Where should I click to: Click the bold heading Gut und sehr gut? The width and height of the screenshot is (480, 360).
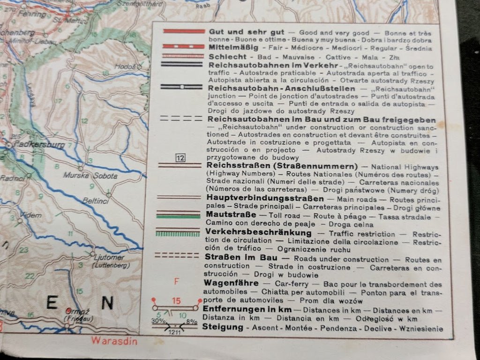point(240,32)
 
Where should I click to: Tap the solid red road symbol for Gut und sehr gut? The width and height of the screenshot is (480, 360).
point(183,31)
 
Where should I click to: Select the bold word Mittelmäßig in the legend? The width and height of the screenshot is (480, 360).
point(232,47)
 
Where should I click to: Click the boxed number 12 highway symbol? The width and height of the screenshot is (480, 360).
point(180,158)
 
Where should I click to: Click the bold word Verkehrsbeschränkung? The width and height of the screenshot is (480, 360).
point(258,233)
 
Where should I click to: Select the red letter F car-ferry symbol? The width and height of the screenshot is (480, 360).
point(177,282)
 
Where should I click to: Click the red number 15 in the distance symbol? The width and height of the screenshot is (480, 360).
point(176,301)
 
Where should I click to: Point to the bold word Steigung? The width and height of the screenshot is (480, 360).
point(223,327)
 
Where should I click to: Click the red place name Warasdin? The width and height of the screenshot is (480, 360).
point(114,341)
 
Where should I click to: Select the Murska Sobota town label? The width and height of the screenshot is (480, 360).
point(90,176)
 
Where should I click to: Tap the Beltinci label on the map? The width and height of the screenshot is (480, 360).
point(96,200)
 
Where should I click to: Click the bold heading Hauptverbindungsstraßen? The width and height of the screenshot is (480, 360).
point(258,197)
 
